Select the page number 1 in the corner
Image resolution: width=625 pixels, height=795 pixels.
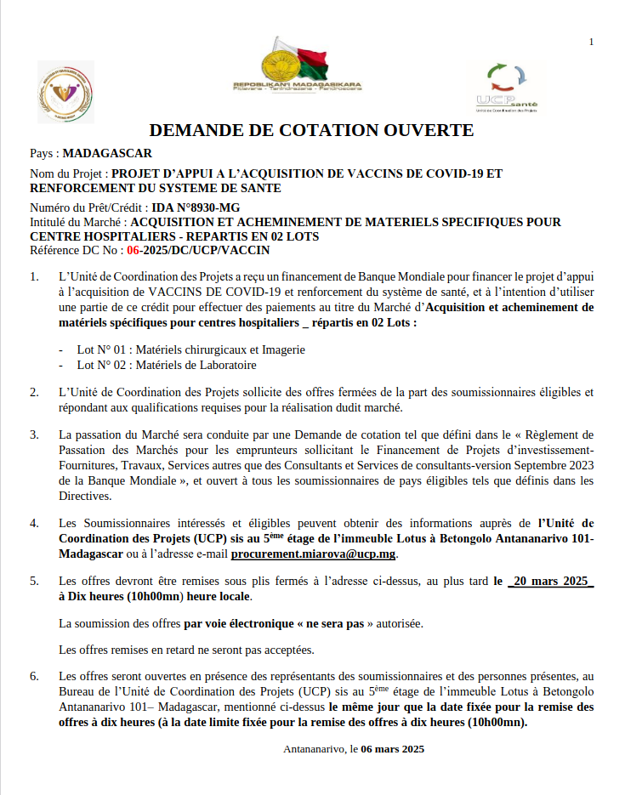[x=591, y=42]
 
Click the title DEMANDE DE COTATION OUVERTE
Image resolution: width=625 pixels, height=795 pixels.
[x=311, y=130]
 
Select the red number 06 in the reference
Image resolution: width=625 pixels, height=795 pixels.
[x=134, y=250]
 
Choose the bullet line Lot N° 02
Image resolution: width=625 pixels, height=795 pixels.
[x=166, y=365]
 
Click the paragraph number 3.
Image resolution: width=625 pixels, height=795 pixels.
[x=34, y=434]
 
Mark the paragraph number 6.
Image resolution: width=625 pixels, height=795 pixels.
[x=34, y=677]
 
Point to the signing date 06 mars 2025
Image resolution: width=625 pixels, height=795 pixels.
[x=392, y=749]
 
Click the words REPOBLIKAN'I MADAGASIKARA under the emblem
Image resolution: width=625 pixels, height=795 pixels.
[x=298, y=85]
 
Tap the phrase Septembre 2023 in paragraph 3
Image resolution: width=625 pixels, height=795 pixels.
[x=510, y=465]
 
